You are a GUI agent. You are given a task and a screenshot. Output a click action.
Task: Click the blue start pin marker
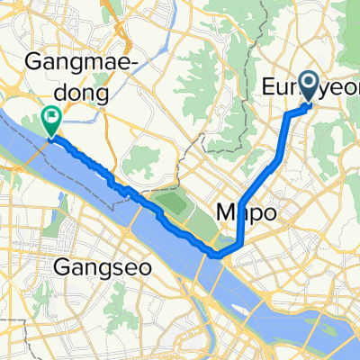(309, 86)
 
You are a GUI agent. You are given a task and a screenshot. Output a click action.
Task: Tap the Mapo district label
(245, 211)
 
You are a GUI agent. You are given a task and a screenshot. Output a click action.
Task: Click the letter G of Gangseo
(60, 267)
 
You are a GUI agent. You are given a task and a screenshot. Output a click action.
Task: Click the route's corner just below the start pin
(287, 114)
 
